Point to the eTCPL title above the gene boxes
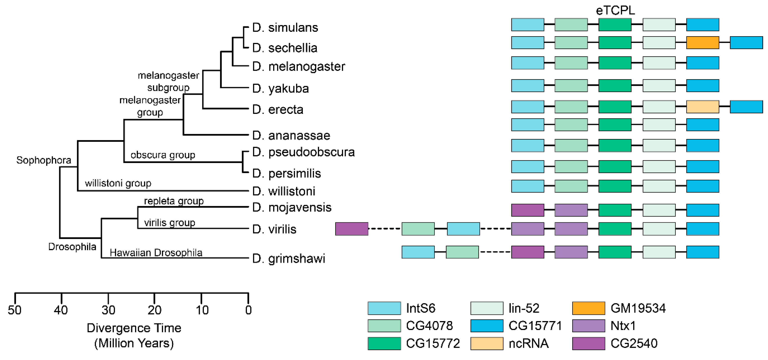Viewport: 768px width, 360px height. pyautogui.click(x=615, y=10)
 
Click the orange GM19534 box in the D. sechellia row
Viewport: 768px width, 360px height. pyautogui.click(x=702, y=43)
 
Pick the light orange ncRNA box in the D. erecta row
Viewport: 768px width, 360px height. pyautogui.click(x=702, y=107)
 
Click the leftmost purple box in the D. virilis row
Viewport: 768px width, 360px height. pyautogui.click(x=352, y=229)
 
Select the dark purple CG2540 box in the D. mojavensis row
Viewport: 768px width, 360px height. pyautogui.click(x=527, y=210)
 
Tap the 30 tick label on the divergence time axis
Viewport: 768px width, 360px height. pyautogui.click(x=108, y=310)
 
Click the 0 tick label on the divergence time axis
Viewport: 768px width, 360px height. pyautogui.click(x=248, y=310)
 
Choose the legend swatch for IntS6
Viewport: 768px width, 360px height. pyautogui.click(x=384, y=308)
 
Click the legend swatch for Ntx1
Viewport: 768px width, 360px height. pyautogui.click(x=588, y=326)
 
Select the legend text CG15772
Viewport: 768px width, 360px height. pyautogui.click(x=433, y=343)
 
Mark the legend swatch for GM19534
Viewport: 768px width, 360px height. pyautogui.click(x=588, y=308)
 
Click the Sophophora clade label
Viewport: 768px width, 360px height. pyautogui.click(x=44, y=160)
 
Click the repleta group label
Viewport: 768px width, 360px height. pyautogui.click(x=174, y=201)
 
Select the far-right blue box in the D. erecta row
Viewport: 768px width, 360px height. pyautogui.click(x=746, y=107)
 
